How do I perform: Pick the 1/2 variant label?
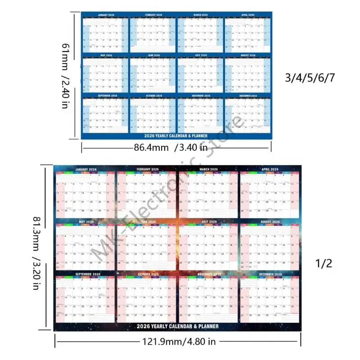[324, 263]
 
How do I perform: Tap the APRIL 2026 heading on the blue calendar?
[248, 16]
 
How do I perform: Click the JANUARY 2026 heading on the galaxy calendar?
[85, 169]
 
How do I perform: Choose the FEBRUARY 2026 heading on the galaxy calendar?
[147, 169]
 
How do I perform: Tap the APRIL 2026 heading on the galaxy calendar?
[270, 169]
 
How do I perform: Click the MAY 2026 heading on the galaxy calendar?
[85, 221]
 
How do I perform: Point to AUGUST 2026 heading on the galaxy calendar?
[270, 221]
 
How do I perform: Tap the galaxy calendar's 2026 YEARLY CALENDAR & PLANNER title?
[178, 326]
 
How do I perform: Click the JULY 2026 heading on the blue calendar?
[201, 55]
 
